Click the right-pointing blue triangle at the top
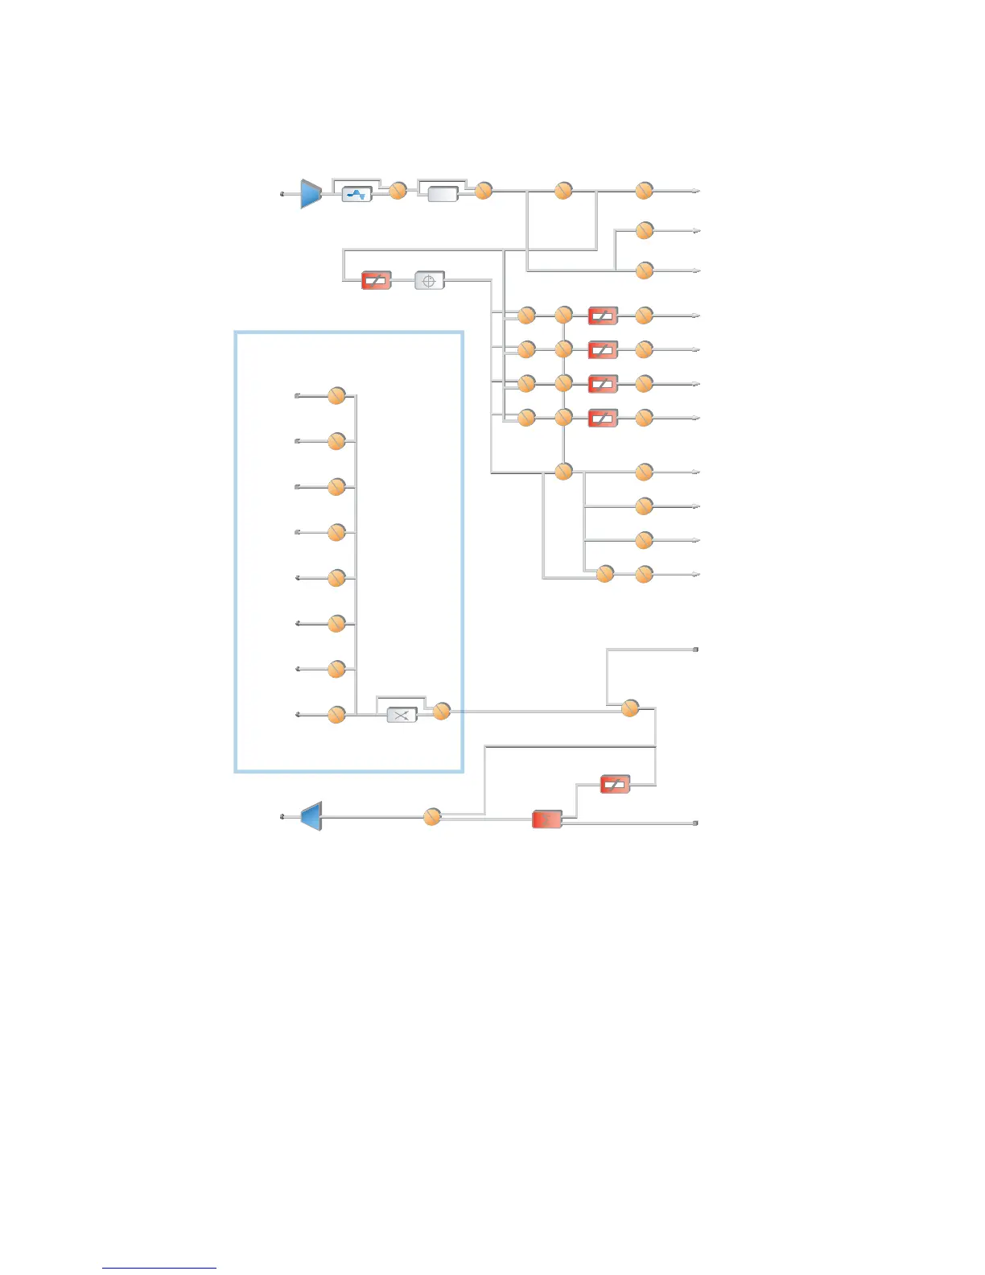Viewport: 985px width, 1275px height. tap(311, 193)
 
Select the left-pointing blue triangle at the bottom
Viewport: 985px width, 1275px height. tap(311, 816)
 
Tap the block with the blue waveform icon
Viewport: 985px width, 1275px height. tap(356, 194)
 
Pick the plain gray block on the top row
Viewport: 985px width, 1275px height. tap(443, 194)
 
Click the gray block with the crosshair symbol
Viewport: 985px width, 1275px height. tap(429, 281)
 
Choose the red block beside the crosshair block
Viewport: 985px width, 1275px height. tap(376, 281)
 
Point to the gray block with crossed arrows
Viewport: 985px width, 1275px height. tap(402, 715)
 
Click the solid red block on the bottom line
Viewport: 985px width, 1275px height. tap(547, 819)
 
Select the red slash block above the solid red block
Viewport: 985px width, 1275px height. tap(615, 784)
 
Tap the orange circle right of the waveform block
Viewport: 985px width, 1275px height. tap(398, 191)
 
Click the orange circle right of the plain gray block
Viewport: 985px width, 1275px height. tap(483, 191)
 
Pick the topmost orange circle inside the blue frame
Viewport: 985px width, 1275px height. tap(336, 395)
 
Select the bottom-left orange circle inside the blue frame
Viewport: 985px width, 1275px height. tap(336, 714)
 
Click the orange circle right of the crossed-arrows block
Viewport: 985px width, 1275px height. tap(441, 711)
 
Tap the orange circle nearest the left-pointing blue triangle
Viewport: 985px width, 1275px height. tap(432, 817)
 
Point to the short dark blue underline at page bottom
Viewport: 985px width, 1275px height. tap(159, 1268)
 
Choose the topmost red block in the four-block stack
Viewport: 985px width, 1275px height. tap(603, 316)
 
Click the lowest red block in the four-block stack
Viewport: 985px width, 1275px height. tap(603, 418)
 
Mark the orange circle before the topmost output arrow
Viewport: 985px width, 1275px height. tap(644, 191)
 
